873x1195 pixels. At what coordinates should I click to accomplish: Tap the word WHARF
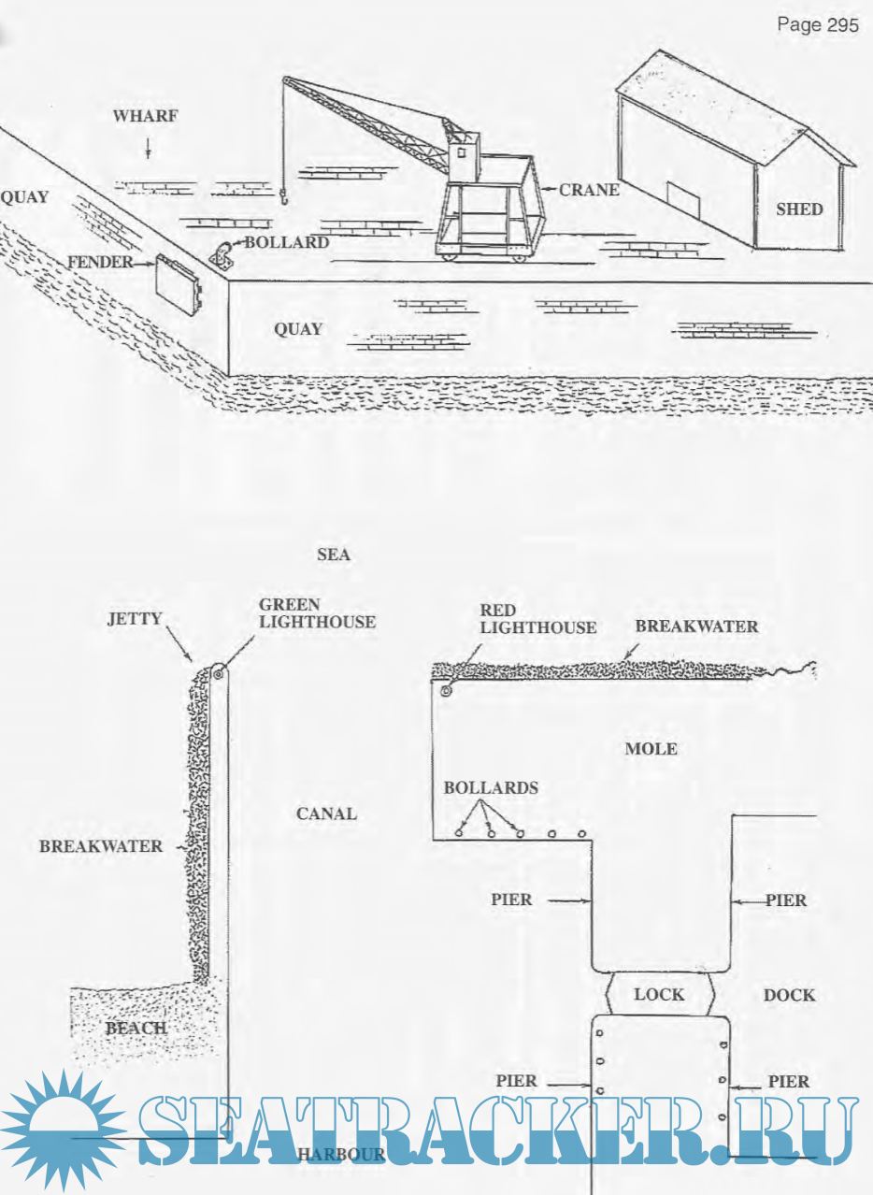click(x=145, y=117)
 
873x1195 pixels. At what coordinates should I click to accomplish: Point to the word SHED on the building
click(x=799, y=209)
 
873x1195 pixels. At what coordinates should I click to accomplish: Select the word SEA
click(x=334, y=555)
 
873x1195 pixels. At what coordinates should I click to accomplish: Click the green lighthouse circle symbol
click(x=218, y=671)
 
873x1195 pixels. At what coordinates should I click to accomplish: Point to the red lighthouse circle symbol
click(x=446, y=692)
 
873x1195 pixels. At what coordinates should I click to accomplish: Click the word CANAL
click(x=326, y=813)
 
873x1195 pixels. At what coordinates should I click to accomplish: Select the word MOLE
click(x=651, y=749)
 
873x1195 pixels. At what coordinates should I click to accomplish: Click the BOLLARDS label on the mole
click(x=491, y=788)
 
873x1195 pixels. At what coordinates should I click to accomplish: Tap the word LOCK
click(x=659, y=994)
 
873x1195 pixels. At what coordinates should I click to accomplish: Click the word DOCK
click(x=789, y=995)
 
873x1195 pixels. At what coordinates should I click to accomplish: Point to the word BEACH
click(x=136, y=1029)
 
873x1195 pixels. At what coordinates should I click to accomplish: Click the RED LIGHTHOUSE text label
click(x=537, y=618)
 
